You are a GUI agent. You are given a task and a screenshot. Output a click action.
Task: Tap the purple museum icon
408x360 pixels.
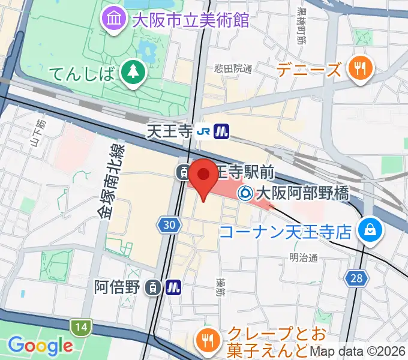click(x=113, y=20)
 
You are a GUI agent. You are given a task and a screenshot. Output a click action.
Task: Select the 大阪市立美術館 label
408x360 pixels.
click(x=190, y=20)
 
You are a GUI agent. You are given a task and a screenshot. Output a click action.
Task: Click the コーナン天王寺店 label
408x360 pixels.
click(x=286, y=232)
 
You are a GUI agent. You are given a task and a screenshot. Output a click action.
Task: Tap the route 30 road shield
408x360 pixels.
click(x=170, y=225)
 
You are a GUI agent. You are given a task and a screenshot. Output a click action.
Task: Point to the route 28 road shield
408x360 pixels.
click(x=358, y=277)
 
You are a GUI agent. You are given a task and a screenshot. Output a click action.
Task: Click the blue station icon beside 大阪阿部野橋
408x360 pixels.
click(x=245, y=193)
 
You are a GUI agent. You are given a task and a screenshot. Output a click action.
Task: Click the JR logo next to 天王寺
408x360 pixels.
click(x=204, y=131)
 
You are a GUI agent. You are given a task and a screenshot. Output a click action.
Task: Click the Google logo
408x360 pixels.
click(x=40, y=345)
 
